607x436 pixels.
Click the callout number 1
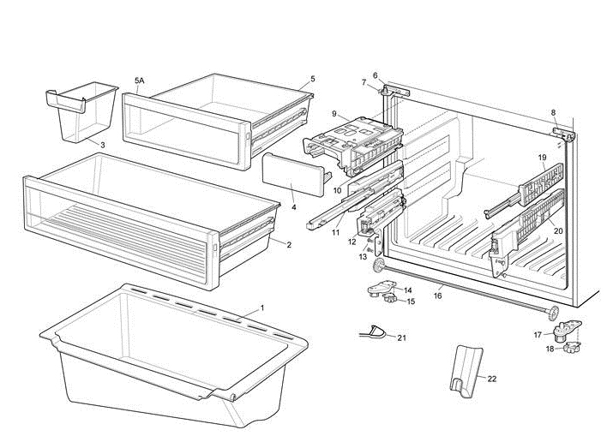pyautogui.click(x=261, y=307)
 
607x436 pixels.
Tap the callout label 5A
pyautogui.click(x=139, y=81)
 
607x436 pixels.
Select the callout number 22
pyautogui.click(x=492, y=378)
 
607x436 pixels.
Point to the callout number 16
pyautogui.click(x=437, y=296)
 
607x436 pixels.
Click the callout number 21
pyautogui.click(x=402, y=337)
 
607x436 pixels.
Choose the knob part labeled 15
pyautogui.click(x=391, y=302)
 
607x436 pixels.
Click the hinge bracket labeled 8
pyautogui.click(x=563, y=133)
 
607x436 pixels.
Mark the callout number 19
pyautogui.click(x=542, y=158)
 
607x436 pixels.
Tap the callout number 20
pyautogui.click(x=558, y=230)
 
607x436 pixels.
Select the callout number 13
pyautogui.click(x=363, y=256)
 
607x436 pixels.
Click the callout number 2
pyautogui.click(x=289, y=245)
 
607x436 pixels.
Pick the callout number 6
pyautogui.click(x=375, y=75)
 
